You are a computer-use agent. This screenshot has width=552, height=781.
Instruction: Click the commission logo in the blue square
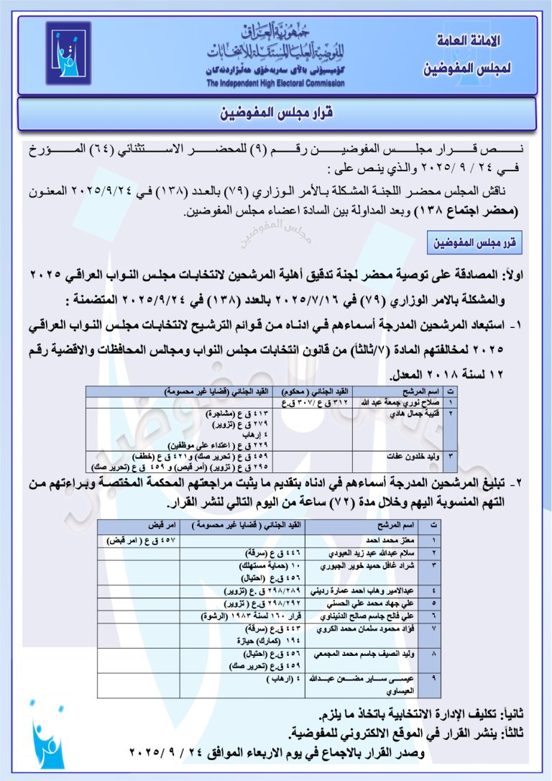point(68,53)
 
